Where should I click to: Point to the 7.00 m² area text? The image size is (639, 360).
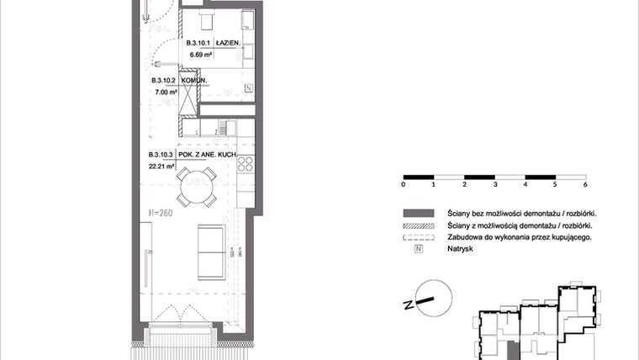(164, 93)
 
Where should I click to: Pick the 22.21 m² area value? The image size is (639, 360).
(161, 167)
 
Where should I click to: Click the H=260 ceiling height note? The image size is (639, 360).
(161, 213)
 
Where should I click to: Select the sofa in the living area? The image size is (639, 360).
(210, 252)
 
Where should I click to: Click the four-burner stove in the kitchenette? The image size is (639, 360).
(246, 162)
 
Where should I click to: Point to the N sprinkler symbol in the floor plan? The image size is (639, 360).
(248, 88)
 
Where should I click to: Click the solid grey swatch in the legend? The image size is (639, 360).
(418, 213)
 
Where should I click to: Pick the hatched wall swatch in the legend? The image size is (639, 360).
(418, 225)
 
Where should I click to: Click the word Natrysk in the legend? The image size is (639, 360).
(461, 250)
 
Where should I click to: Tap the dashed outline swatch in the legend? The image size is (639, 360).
(418, 238)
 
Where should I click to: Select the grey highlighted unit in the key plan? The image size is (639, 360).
(512, 347)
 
